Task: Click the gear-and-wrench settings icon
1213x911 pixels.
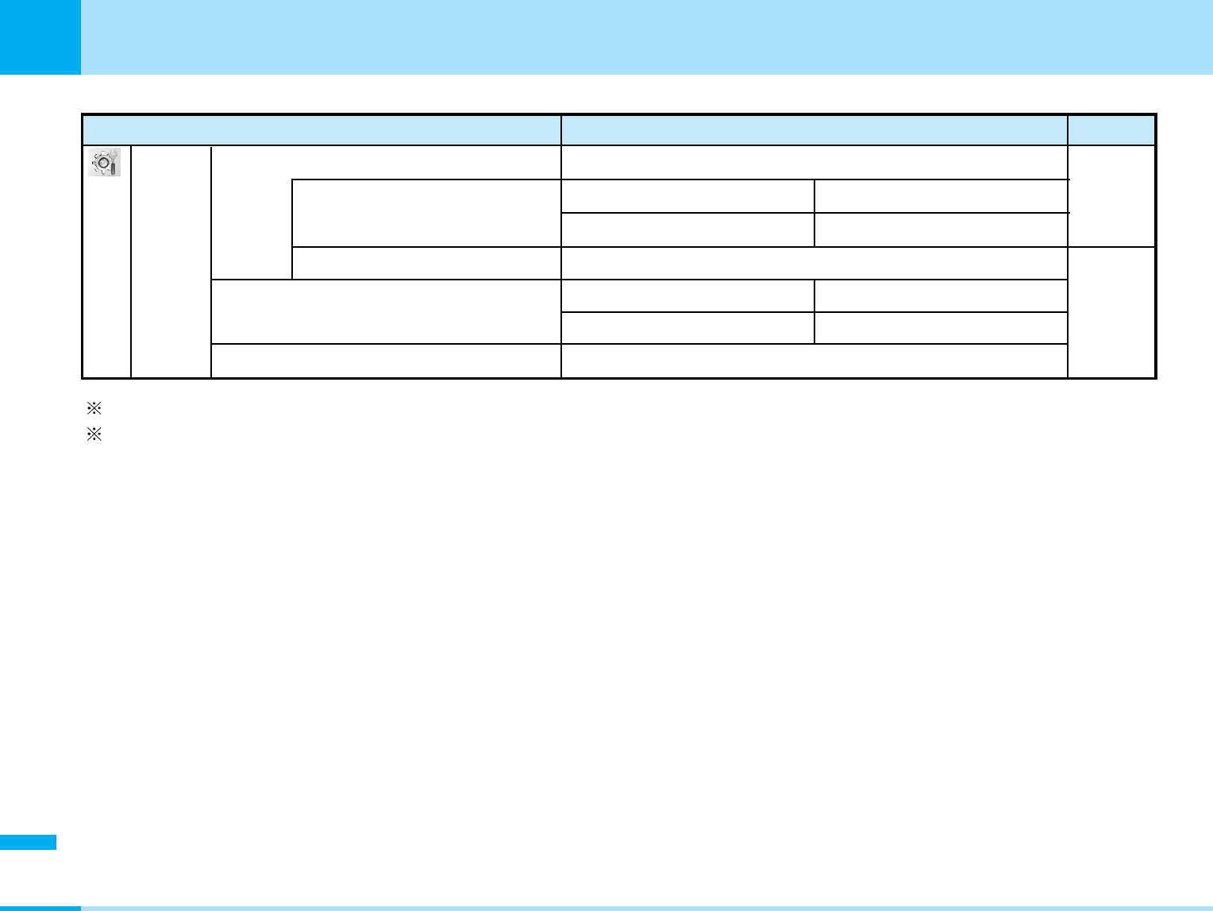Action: (x=105, y=162)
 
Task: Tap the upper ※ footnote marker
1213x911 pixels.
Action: (x=94, y=409)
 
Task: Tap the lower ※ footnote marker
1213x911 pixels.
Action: (x=94, y=435)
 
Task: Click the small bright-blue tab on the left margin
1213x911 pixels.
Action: (x=28, y=842)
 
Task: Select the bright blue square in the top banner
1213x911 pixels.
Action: (x=40, y=37)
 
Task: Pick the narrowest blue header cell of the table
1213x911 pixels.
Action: (x=1111, y=130)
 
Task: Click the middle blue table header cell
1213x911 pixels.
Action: (x=814, y=130)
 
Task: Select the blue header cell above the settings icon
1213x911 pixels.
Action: (x=322, y=130)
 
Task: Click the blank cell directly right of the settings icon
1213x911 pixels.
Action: (x=171, y=261)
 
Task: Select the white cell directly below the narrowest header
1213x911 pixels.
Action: (x=1111, y=195)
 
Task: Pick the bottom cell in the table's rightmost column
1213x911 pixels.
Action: (x=1111, y=312)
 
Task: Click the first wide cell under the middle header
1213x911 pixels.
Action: (x=814, y=163)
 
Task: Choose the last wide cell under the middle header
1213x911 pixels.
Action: (x=814, y=361)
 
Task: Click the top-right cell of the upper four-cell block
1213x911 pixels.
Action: (x=941, y=196)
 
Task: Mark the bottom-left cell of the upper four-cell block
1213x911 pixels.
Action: (x=687, y=230)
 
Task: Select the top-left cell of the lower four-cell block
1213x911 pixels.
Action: (x=687, y=295)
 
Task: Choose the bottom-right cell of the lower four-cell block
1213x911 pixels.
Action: (x=941, y=328)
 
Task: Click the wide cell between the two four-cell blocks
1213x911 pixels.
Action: (x=814, y=263)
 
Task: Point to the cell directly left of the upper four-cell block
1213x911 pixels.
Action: (x=426, y=213)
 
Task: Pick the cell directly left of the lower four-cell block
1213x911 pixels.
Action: (x=386, y=311)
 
